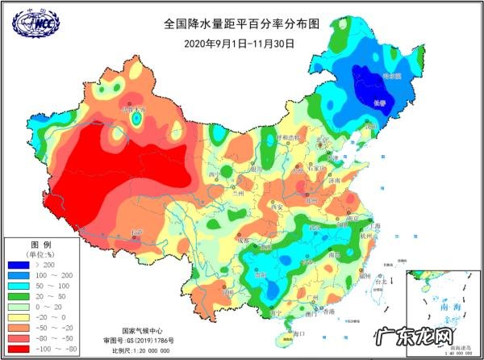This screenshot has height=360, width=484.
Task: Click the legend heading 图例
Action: coord(40,244)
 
